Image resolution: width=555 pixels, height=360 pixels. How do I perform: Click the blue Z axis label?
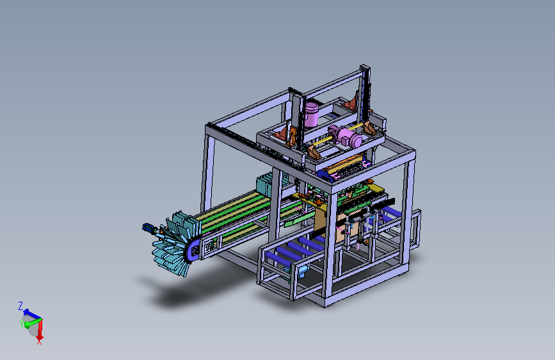(x=20, y=306)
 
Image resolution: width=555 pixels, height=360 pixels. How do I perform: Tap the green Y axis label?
(x=22, y=324)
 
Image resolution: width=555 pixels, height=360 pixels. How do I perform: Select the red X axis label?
(x=39, y=341)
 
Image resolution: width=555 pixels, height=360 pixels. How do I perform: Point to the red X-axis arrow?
(x=40, y=329)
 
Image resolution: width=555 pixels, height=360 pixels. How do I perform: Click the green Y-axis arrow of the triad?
(x=32, y=323)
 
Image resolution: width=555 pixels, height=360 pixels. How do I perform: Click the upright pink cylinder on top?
(x=312, y=115)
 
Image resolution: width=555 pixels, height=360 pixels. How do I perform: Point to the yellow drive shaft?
(x=337, y=134)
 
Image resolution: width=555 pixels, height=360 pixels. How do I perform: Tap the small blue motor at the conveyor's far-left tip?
(x=149, y=228)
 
